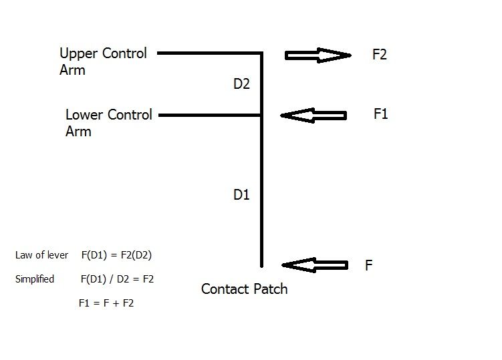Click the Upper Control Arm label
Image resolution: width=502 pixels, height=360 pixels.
(x=103, y=61)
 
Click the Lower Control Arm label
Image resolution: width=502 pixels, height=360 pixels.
(x=108, y=122)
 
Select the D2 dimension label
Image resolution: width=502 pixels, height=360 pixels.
(x=241, y=84)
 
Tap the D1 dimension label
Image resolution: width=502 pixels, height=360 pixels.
(x=241, y=194)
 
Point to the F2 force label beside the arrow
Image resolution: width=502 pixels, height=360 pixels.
(x=380, y=54)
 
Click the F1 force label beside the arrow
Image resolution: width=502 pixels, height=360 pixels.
(x=380, y=114)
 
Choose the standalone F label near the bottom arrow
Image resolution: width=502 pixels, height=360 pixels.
(x=368, y=265)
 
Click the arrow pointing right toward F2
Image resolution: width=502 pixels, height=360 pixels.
(x=318, y=55)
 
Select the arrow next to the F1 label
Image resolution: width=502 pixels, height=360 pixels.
(x=313, y=115)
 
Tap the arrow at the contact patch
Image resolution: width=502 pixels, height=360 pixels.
(x=315, y=265)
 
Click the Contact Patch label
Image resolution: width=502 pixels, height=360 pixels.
(x=244, y=289)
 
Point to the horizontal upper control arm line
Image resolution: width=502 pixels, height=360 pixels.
(x=210, y=53)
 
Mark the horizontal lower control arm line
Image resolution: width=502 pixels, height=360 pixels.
(x=210, y=115)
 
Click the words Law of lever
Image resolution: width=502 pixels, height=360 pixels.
(x=41, y=255)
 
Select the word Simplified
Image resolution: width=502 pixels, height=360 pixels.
(x=35, y=279)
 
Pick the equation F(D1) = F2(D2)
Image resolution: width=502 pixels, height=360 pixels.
(x=116, y=255)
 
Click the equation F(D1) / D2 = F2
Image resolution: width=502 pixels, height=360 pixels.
(x=117, y=279)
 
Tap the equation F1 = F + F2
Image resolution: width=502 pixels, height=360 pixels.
(x=106, y=303)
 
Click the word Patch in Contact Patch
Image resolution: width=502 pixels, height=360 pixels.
(x=269, y=289)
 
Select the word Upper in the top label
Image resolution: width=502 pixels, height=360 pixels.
(x=78, y=53)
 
